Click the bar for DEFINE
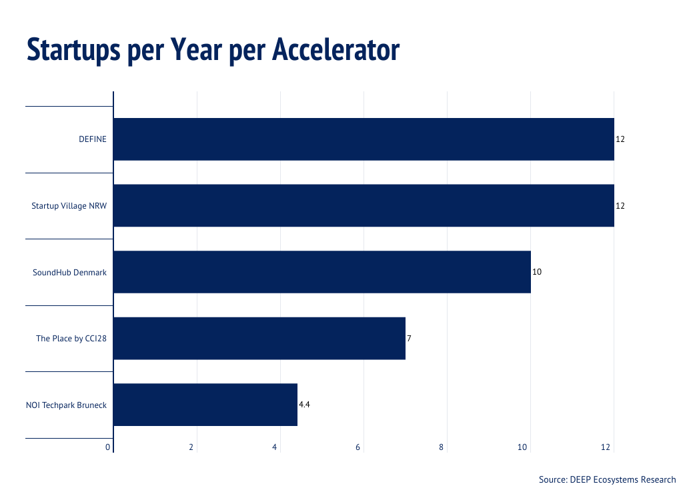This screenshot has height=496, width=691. tap(364, 139)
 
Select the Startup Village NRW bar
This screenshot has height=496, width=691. tap(364, 205)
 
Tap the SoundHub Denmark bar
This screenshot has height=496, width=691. tap(322, 272)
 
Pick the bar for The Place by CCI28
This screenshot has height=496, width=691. tap(259, 338)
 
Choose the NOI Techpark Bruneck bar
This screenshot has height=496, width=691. tap(205, 405)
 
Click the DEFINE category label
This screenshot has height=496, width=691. tap(93, 139)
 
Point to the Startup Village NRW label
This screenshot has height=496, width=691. tap(69, 206)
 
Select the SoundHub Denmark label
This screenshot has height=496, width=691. tap(70, 272)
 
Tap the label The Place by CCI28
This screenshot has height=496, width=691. tap(71, 339)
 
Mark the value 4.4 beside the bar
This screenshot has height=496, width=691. tap(304, 405)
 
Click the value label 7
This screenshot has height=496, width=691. tap(409, 339)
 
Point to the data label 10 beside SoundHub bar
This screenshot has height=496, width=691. tap(537, 272)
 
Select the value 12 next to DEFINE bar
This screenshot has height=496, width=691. tap(620, 139)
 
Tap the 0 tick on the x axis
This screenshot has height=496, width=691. tap(108, 447)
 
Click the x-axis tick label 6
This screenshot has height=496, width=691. tap(358, 447)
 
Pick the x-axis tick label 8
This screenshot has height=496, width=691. tap(442, 447)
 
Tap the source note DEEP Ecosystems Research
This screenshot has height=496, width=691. tap(608, 479)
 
